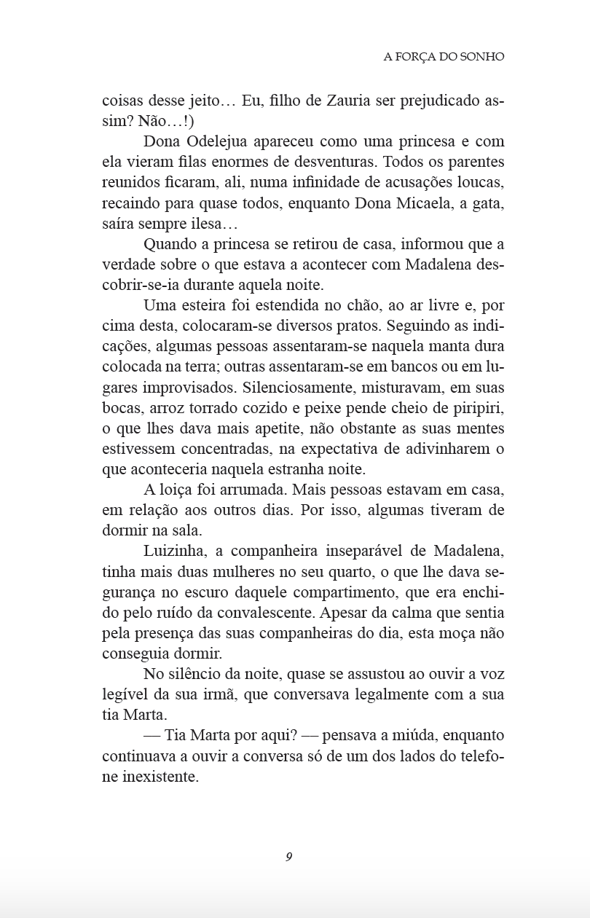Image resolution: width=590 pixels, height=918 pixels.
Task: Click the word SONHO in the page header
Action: tap(481, 56)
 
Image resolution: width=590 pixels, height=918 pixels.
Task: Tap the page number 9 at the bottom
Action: tap(289, 857)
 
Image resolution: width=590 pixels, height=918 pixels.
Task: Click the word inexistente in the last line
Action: tap(160, 777)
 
